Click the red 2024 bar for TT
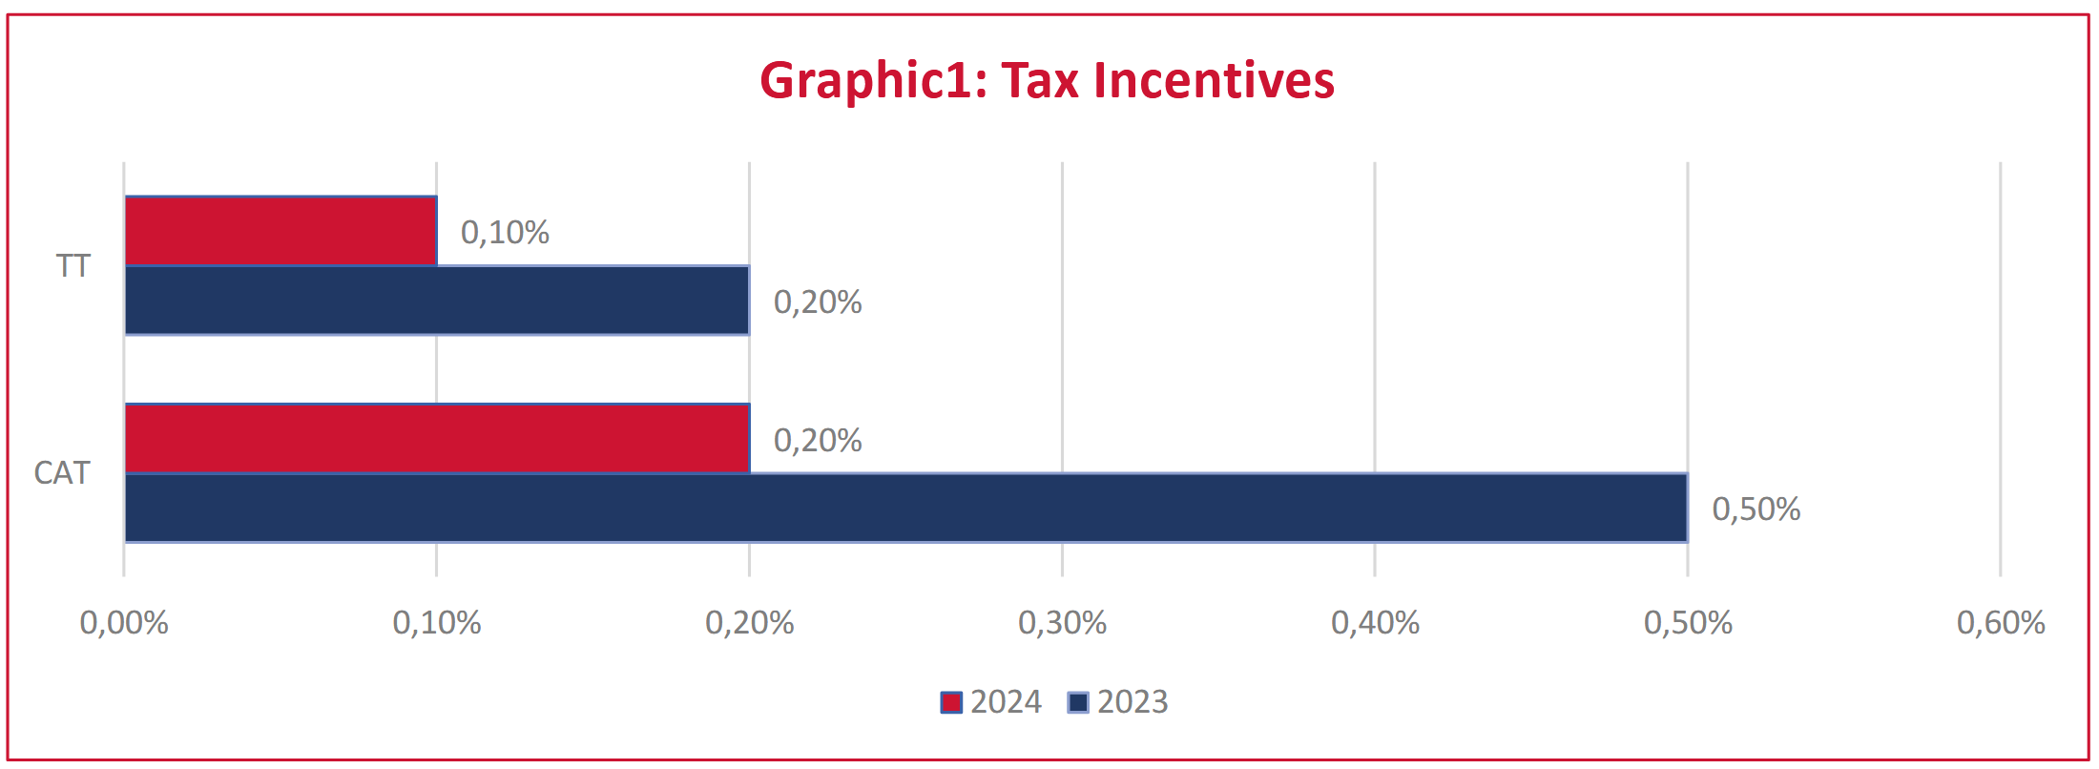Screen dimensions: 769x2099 281,231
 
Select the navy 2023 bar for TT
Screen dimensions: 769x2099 437,301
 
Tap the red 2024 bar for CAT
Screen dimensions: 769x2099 437,439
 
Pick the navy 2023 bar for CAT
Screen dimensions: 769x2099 905,508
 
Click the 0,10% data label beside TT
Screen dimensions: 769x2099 505,232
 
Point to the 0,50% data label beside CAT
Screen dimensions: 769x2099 1756,509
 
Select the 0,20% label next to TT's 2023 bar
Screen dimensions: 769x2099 818,301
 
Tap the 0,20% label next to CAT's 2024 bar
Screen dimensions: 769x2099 818,440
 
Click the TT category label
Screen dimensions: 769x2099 73,265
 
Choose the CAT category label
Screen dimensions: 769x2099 62,472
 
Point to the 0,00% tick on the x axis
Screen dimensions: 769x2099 124,623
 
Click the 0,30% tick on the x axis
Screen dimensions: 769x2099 1062,623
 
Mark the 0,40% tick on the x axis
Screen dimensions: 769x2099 1375,623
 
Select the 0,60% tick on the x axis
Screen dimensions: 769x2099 2001,623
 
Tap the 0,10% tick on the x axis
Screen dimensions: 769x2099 437,623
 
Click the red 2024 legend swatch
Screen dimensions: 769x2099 951,702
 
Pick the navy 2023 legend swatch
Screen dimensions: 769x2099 1078,702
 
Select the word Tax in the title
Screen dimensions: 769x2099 1040,80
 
